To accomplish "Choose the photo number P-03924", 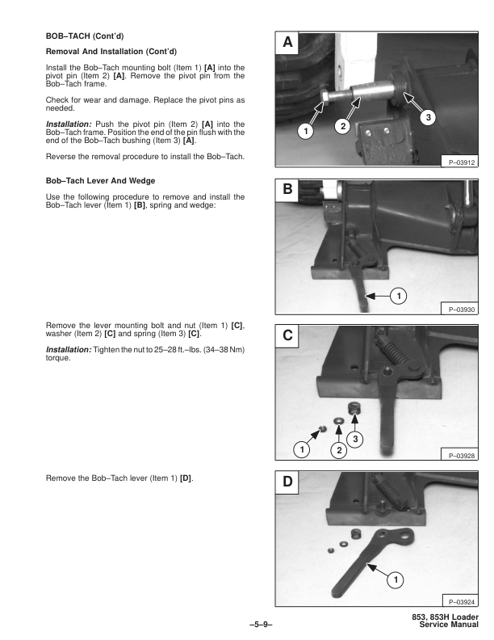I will click(x=457, y=601).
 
